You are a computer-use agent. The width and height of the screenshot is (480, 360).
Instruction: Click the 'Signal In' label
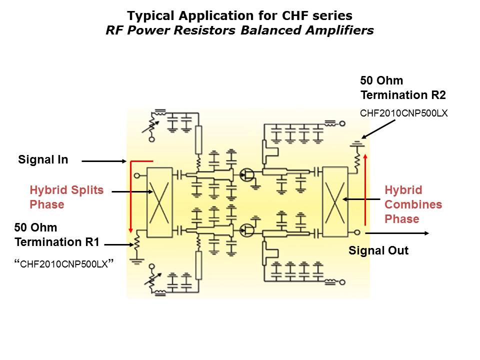coord(43,159)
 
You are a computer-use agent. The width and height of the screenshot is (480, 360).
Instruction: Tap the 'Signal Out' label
coord(378,250)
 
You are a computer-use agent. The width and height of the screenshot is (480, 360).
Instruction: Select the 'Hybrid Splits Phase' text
coord(66,197)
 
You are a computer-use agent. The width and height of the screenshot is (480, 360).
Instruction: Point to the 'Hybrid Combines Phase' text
coord(413,204)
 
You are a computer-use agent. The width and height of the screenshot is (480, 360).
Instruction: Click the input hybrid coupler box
coord(159,202)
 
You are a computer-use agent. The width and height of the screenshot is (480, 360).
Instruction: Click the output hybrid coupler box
coord(335,201)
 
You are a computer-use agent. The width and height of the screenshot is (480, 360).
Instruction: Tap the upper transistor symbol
coord(246,175)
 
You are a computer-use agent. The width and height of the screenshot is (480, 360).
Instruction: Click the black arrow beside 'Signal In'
coord(104,161)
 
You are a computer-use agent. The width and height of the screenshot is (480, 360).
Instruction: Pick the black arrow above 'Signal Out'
coord(397,233)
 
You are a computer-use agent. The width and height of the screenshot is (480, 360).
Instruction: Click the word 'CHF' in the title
coord(295,15)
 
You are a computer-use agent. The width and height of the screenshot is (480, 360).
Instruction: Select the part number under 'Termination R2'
coord(404,113)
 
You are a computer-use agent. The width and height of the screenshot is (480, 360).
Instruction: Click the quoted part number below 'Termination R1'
coord(64,264)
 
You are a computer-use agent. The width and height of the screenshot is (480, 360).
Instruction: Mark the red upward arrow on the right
coord(365,190)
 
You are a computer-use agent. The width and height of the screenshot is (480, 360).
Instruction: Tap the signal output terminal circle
coord(357,232)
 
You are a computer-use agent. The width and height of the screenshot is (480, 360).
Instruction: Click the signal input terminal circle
coord(137,175)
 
